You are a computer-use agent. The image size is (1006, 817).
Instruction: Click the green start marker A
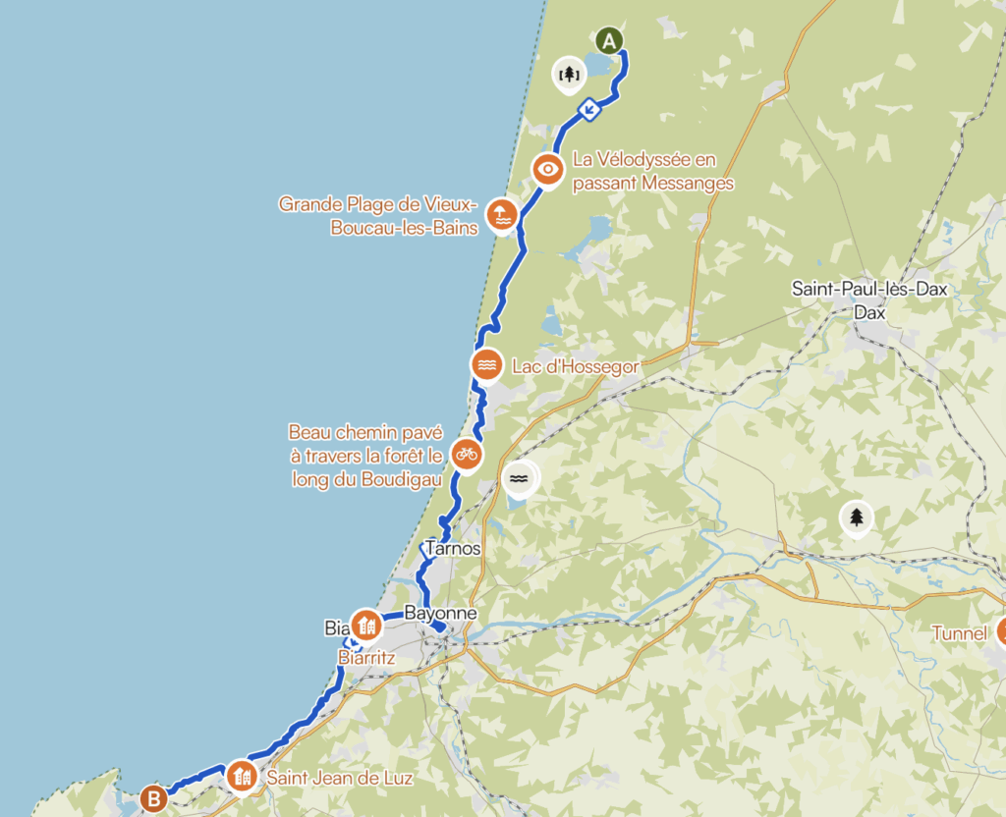tap(610, 41)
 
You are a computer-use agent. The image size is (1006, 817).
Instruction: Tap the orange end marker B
tap(153, 798)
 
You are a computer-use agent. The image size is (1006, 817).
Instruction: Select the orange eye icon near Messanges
tap(548, 169)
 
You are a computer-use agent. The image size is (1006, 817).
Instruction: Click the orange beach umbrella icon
tap(501, 215)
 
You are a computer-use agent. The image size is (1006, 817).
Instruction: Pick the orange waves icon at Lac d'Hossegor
tap(487, 365)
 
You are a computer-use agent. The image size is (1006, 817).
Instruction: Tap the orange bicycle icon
tap(466, 454)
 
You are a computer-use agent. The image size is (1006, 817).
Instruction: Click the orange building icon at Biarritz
tap(366, 624)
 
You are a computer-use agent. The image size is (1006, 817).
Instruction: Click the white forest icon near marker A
tap(568, 73)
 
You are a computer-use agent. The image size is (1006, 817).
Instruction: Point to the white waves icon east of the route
tap(520, 478)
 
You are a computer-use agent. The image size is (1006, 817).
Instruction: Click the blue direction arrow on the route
tap(588, 109)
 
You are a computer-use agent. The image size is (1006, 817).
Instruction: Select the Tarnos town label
tap(453, 549)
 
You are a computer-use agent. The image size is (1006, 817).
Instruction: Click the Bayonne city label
tap(440, 614)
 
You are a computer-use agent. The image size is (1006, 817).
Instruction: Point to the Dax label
tap(870, 313)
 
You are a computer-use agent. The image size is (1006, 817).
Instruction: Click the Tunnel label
tap(959, 633)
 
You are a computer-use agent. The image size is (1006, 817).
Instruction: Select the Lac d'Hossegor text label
tap(576, 366)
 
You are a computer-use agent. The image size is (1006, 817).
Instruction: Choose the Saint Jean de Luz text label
tap(340, 778)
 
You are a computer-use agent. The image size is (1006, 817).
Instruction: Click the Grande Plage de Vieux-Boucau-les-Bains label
tap(378, 215)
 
